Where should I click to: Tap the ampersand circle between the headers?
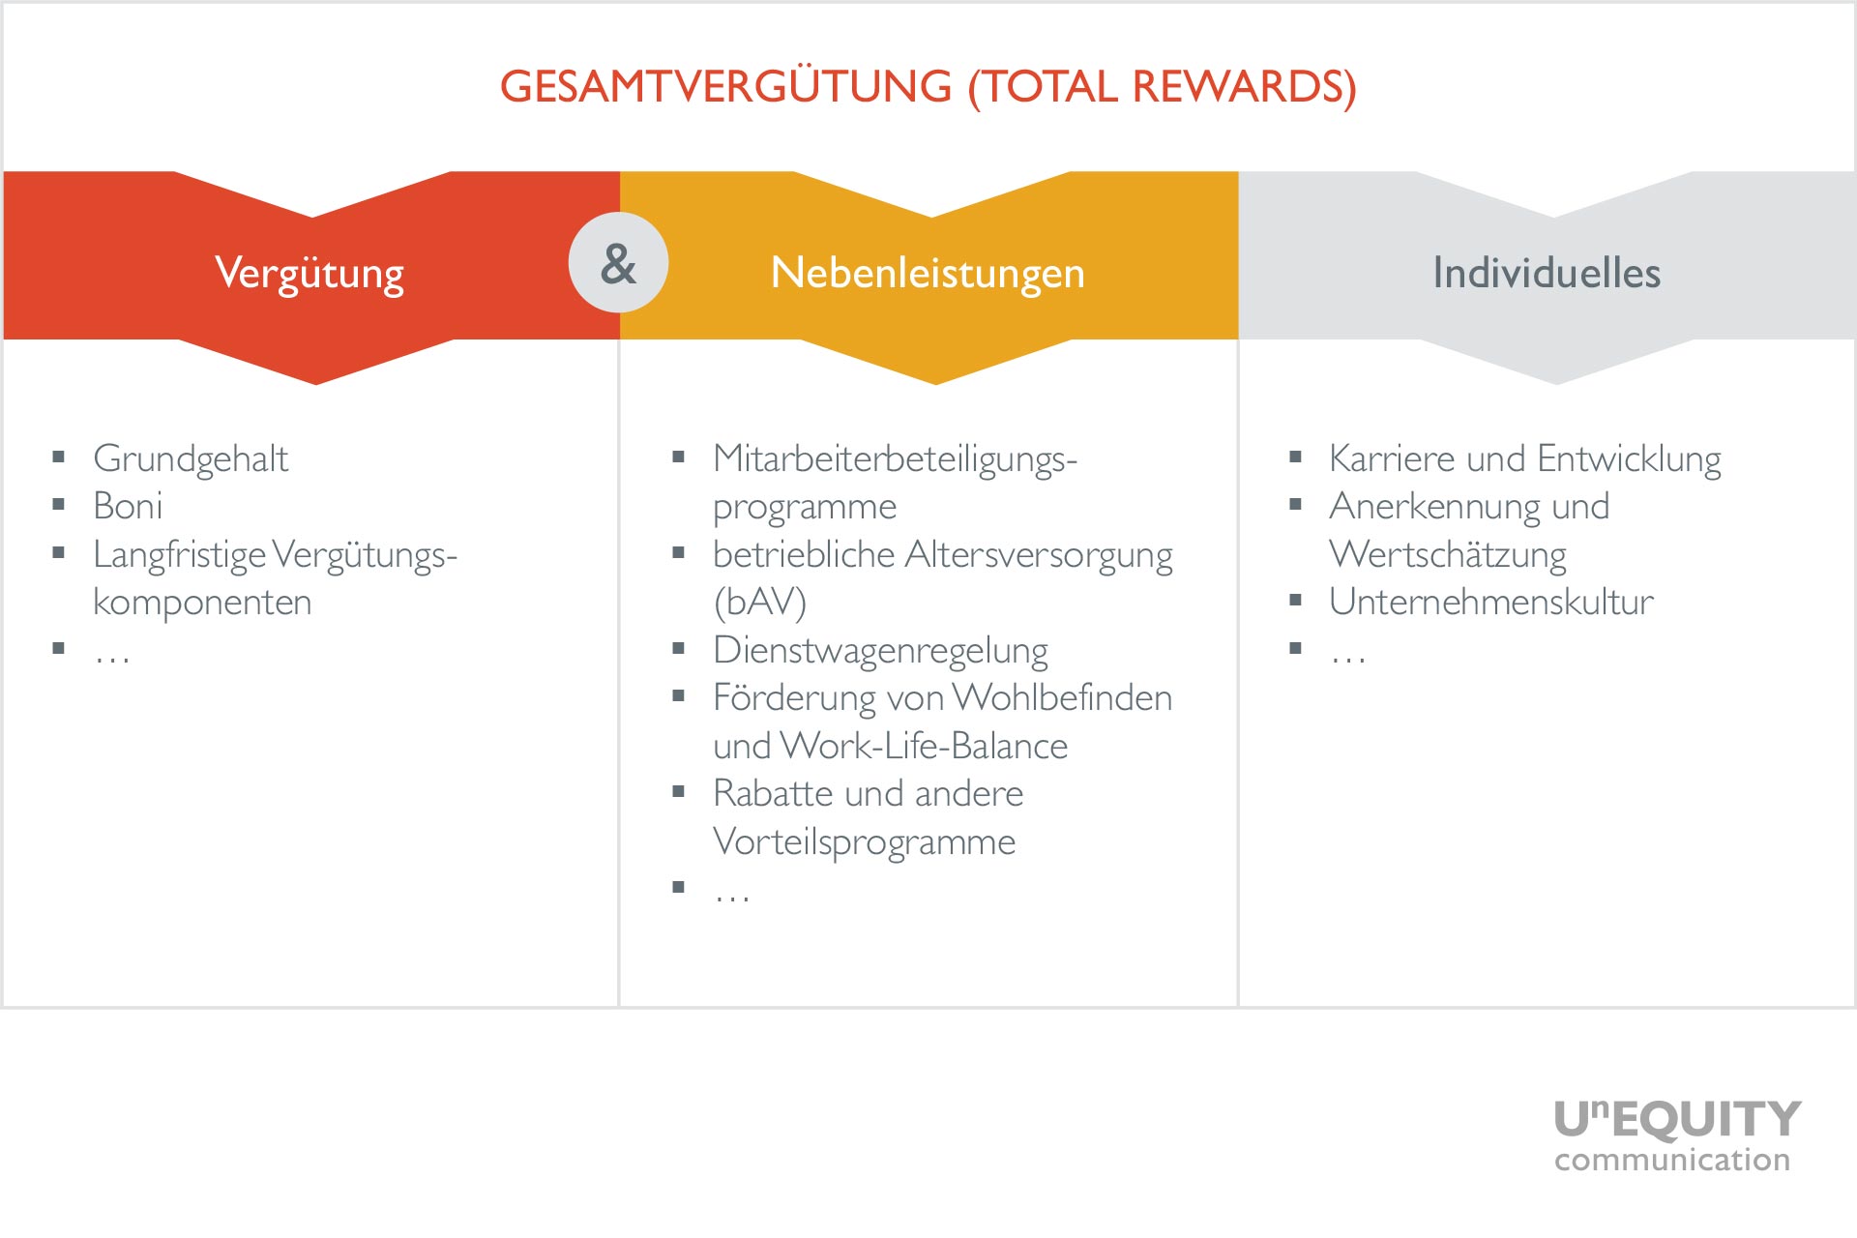[x=618, y=262]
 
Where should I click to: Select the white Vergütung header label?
[x=309, y=274]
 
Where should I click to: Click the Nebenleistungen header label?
[x=928, y=274]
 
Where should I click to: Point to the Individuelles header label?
[x=1547, y=273]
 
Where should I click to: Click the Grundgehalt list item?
[x=191, y=459]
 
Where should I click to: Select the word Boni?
[x=128, y=506]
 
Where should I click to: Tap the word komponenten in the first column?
[x=202, y=603]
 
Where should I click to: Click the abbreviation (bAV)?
[x=759, y=603]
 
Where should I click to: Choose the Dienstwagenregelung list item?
[x=880, y=651]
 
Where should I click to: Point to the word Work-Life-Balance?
[x=925, y=746]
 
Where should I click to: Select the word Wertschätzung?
[x=1448, y=555]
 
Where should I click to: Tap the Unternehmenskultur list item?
[x=1491, y=602]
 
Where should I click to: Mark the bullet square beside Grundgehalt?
[x=59, y=457]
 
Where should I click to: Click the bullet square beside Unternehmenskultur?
[x=1295, y=600]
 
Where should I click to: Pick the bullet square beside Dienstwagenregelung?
[x=678, y=648]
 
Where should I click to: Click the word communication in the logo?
[x=1672, y=1159]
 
